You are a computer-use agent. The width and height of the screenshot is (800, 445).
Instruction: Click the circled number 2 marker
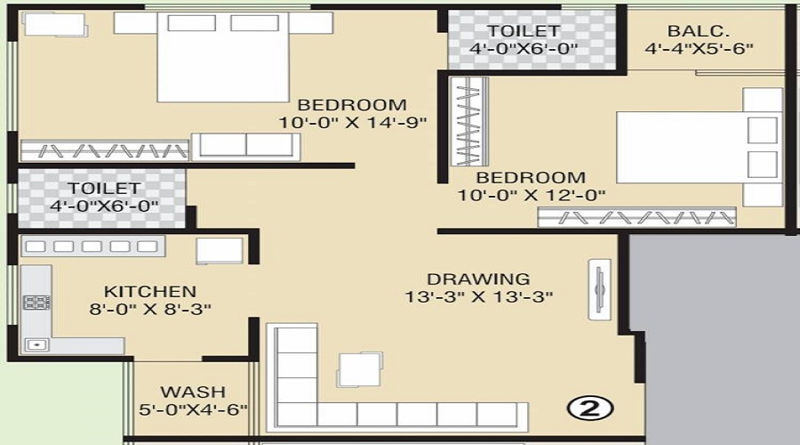tap(590, 409)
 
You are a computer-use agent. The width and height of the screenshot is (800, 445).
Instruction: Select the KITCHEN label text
tap(150, 292)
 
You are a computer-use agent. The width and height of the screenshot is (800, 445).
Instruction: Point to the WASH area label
tap(193, 392)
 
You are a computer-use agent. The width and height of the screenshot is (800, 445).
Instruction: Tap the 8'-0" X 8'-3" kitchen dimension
tap(150, 310)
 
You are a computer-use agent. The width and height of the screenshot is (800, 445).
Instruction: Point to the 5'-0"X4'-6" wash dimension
tap(193, 410)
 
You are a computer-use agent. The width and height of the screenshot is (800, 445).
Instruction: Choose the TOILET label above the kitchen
tap(104, 188)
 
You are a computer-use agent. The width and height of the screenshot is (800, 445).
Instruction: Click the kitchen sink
tap(36, 343)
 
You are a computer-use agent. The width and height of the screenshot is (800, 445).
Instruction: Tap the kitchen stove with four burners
tap(36, 302)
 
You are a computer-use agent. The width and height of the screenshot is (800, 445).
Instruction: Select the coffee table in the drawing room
tap(360, 368)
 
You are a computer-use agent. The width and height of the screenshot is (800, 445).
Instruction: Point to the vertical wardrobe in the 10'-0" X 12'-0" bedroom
tap(470, 121)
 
